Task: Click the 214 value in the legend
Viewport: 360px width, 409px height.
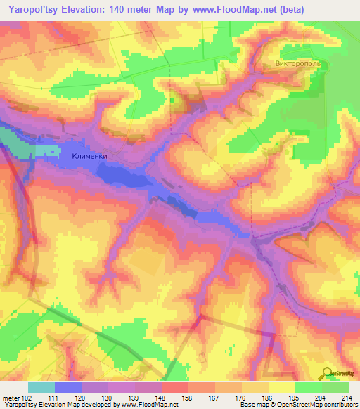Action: pyautogui.click(x=344, y=398)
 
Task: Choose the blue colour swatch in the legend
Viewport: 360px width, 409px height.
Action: pyautogui.click(x=68, y=387)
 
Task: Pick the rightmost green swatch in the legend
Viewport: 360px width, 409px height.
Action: pyautogui.click(x=335, y=387)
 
